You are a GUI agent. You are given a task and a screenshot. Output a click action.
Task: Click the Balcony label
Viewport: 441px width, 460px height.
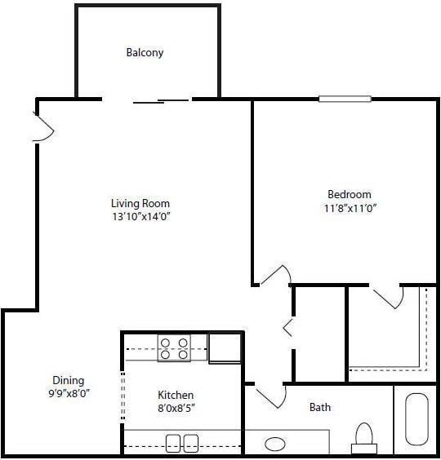[x=145, y=53]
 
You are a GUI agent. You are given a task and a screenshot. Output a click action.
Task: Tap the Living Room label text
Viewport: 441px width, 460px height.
[x=140, y=203]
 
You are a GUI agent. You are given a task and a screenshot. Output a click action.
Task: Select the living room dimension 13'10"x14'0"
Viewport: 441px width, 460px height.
[x=140, y=216]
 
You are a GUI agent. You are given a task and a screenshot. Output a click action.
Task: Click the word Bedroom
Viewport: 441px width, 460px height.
[x=349, y=194]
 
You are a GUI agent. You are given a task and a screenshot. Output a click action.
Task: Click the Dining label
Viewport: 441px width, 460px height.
[x=68, y=380]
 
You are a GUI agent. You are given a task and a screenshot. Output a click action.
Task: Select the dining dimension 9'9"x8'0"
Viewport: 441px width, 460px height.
[x=68, y=393]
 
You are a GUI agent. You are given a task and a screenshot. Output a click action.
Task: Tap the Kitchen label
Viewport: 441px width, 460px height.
[x=176, y=395]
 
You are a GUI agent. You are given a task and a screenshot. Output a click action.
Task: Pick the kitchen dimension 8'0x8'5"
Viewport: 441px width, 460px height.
[x=176, y=408]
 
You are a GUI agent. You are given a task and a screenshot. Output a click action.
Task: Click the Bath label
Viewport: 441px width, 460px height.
[x=320, y=407]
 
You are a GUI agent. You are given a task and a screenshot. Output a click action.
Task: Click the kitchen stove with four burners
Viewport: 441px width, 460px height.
[x=174, y=348]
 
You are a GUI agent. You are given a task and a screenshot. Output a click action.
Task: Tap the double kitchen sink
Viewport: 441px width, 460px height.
[x=182, y=444]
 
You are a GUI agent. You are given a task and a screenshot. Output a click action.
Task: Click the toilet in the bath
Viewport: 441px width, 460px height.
[x=363, y=438]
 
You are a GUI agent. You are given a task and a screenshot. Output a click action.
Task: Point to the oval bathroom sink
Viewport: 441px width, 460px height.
[x=276, y=445]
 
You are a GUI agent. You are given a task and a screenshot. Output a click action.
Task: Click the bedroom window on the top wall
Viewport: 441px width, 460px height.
[x=345, y=99]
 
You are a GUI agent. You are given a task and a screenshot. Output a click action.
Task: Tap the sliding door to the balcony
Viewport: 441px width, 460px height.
[x=161, y=100]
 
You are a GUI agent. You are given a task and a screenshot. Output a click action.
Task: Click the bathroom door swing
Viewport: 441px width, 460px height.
[x=271, y=396]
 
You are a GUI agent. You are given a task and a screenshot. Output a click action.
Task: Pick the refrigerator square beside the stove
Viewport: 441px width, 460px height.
[x=225, y=348]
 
